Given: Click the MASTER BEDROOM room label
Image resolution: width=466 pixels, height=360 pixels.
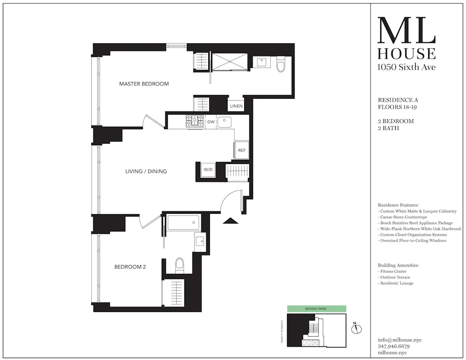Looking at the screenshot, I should (x=144, y=84).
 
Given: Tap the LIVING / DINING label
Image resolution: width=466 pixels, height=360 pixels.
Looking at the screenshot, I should (x=146, y=171).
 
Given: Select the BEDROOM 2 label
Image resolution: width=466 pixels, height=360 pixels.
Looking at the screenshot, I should (x=130, y=267).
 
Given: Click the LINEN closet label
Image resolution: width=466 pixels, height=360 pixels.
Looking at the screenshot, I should (x=236, y=106).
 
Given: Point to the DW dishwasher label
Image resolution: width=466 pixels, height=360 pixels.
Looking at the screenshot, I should (x=211, y=122).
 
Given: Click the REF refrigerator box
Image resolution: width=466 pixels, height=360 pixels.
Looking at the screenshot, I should (x=242, y=150).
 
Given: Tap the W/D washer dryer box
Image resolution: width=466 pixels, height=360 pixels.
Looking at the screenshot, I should (x=208, y=170).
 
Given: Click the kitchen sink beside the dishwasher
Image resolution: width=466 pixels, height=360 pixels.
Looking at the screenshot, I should (x=224, y=122).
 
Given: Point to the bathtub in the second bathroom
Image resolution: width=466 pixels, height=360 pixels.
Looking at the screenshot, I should (x=183, y=223).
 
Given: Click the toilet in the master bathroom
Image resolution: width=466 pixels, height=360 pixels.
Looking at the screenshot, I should (x=281, y=65).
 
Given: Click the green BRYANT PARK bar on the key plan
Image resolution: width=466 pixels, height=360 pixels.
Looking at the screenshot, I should (x=316, y=309).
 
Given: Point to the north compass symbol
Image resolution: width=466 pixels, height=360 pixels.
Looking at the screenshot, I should (x=357, y=329).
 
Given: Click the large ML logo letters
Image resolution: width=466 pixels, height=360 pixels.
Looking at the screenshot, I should (x=406, y=31).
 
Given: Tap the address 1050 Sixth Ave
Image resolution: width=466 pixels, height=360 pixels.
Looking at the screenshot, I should (x=406, y=67).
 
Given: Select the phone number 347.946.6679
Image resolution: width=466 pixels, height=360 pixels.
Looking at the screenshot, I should (x=393, y=346).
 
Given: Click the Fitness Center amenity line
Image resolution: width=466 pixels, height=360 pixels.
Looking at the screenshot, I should (x=392, y=272).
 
